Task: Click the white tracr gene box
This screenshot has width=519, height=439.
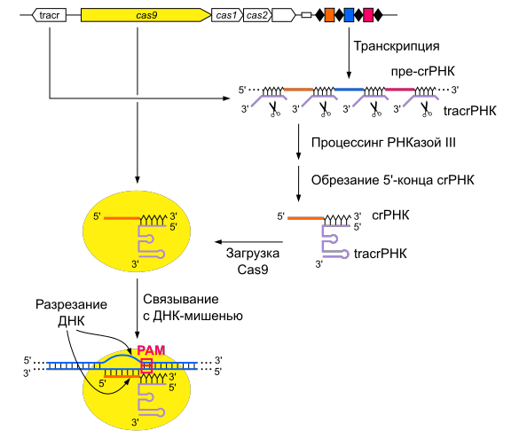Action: (x=49, y=15)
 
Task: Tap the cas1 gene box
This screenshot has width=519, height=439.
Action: (x=226, y=15)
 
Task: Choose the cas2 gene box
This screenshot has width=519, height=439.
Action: (x=256, y=15)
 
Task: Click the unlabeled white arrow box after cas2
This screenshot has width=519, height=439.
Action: (x=283, y=15)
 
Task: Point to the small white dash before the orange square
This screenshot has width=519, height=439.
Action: (x=306, y=15)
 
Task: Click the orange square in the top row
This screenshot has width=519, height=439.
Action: (x=329, y=15)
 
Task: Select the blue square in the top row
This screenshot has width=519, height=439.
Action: (x=349, y=15)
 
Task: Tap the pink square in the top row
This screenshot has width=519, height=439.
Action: (x=368, y=15)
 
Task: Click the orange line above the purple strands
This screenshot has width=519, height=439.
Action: (x=298, y=90)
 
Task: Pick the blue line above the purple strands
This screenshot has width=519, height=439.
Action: (x=349, y=90)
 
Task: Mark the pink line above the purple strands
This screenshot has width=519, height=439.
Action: (x=399, y=90)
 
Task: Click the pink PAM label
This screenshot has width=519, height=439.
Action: (x=151, y=350)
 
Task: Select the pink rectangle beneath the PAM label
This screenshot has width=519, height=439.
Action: (x=146, y=365)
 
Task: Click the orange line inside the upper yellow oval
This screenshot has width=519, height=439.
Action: (x=122, y=218)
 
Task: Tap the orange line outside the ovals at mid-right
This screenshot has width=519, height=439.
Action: (x=305, y=218)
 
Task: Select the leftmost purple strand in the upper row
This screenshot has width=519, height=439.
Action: (x=269, y=99)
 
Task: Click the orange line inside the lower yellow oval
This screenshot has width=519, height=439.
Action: (x=118, y=377)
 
